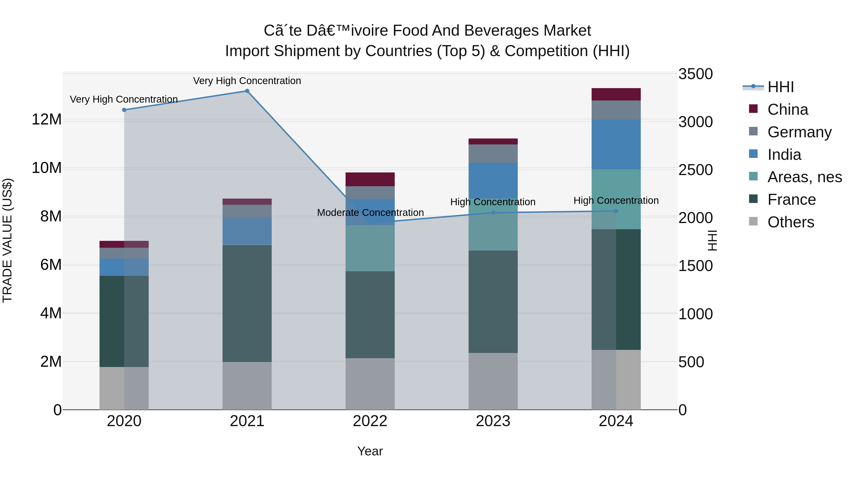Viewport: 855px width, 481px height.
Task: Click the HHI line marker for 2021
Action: pyautogui.click(x=247, y=91)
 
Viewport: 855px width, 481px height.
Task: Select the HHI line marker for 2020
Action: pyautogui.click(x=124, y=110)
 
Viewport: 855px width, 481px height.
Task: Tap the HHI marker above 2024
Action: pyautogui.click(x=616, y=211)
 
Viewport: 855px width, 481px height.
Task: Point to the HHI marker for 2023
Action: pyautogui.click(x=493, y=213)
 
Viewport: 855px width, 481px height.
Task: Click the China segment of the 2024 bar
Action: pyautogui.click(x=616, y=94)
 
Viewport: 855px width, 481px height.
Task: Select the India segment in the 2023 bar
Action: pyautogui.click(x=493, y=180)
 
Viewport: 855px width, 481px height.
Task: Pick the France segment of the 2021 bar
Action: pyautogui.click(x=247, y=303)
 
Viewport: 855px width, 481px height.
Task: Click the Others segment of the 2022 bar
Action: pyautogui.click(x=370, y=384)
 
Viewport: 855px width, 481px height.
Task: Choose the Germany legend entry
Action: pyautogui.click(x=799, y=132)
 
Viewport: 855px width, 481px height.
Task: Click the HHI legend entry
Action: pyautogui.click(x=780, y=87)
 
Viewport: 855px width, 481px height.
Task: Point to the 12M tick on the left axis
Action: pyautogui.click(x=47, y=119)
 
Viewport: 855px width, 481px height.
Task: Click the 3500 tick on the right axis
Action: pyautogui.click(x=695, y=74)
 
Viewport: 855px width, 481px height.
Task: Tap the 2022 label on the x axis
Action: pyautogui.click(x=370, y=421)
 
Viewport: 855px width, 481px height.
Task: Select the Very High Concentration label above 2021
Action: pyautogui.click(x=247, y=81)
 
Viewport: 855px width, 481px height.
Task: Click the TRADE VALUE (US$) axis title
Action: pyautogui.click(x=7, y=240)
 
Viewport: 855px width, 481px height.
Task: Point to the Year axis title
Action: pyautogui.click(x=370, y=451)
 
